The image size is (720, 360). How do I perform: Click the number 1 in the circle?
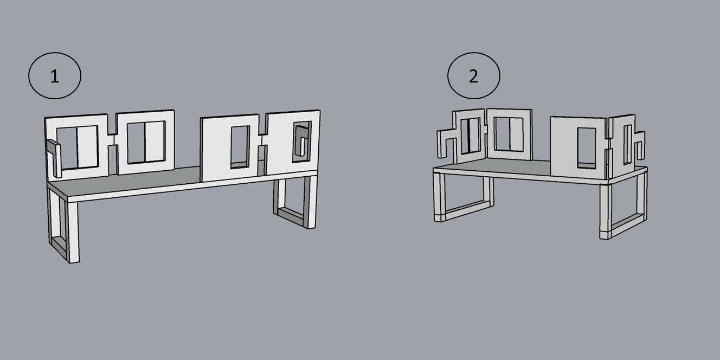(x=55, y=77)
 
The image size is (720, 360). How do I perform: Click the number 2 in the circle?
(x=473, y=77)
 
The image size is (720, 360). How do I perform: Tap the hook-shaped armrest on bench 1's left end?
(x=54, y=157)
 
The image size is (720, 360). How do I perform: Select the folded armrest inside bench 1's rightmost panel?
(x=301, y=141)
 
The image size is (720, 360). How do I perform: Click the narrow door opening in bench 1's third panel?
(x=240, y=147)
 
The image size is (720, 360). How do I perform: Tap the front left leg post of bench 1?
(x=73, y=231)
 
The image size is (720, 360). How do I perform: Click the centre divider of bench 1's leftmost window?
(x=77, y=147)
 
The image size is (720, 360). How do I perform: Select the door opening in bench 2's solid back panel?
(x=587, y=148)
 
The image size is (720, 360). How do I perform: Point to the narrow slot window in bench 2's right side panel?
(x=627, y=145)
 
